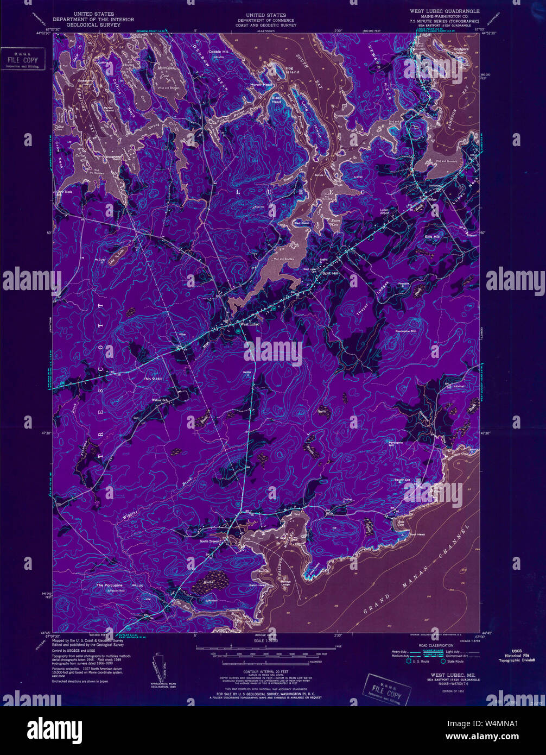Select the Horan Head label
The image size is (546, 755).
pyautogui.click(x=260, y=85)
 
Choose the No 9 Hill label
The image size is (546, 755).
pyautogui.click(x=154, y=378)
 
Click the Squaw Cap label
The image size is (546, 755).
pyautogui.click(x=403, y=480)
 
